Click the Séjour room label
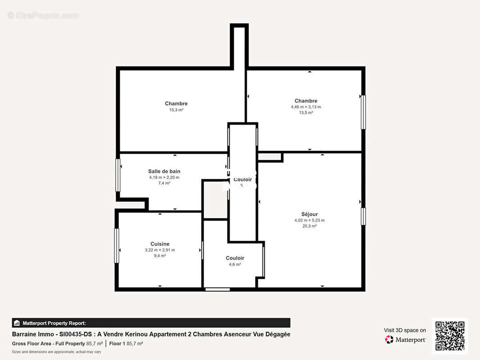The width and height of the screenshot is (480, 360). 309,214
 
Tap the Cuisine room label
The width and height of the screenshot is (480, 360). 160,244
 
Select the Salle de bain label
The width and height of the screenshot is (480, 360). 164,171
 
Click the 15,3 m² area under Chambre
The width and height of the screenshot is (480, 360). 176,110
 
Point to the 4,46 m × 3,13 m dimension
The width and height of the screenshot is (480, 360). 306,107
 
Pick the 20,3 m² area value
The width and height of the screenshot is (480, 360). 309,226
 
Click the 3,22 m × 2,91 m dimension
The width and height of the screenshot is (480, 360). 160,250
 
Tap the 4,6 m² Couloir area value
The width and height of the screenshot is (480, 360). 235,264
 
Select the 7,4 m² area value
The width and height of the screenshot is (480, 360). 164,183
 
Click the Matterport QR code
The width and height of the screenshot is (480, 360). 450,336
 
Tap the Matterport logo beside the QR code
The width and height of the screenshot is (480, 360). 405,340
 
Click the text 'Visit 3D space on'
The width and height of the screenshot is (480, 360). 405,330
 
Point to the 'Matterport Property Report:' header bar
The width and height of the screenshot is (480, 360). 151,323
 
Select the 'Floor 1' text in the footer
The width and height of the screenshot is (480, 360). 117,343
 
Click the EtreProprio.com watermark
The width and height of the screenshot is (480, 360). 43,16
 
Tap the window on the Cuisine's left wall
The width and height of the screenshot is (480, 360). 117,246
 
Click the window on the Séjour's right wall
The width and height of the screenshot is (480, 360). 363,216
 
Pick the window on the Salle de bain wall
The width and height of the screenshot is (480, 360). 118,175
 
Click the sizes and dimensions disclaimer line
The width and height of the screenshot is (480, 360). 56,351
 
